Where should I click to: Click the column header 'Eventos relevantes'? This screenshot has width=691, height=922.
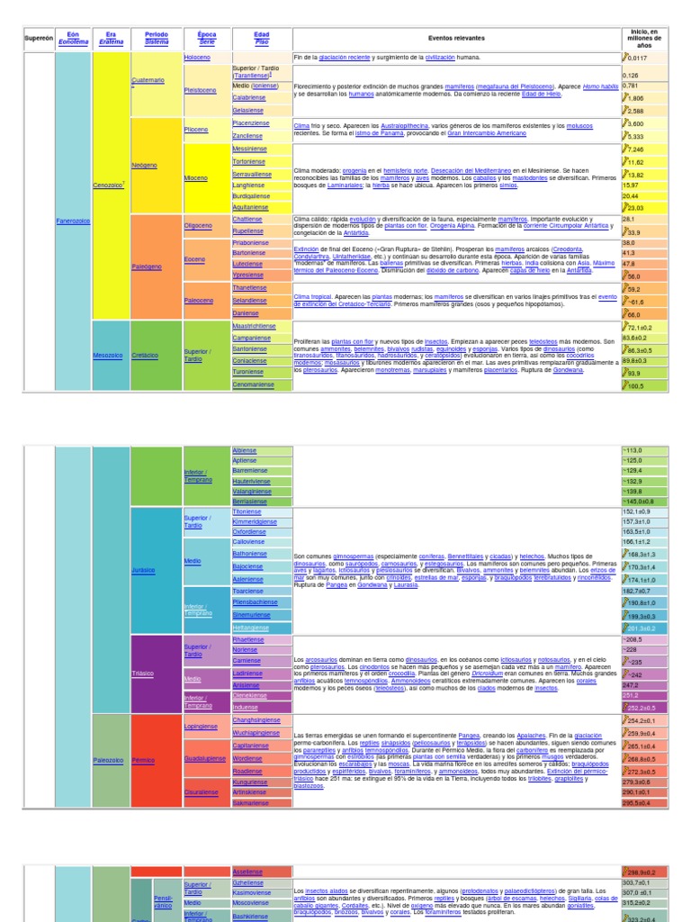[x=456, y=39]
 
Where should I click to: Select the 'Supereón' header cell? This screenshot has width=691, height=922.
[x=39, y=39]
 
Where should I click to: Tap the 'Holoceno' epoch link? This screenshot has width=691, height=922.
[x=197, y=58]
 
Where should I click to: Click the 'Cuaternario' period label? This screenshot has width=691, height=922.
[x=148, y=80]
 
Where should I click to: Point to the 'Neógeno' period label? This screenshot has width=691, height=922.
[x=145, y=166]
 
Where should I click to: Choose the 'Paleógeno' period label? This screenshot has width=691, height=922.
[x=148, y=266]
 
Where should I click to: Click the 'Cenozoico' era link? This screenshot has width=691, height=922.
[x=108, y=185]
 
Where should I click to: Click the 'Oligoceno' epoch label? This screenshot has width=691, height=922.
[x=198, y=225]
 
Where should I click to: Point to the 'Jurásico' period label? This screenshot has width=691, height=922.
[x=145, y=571]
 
